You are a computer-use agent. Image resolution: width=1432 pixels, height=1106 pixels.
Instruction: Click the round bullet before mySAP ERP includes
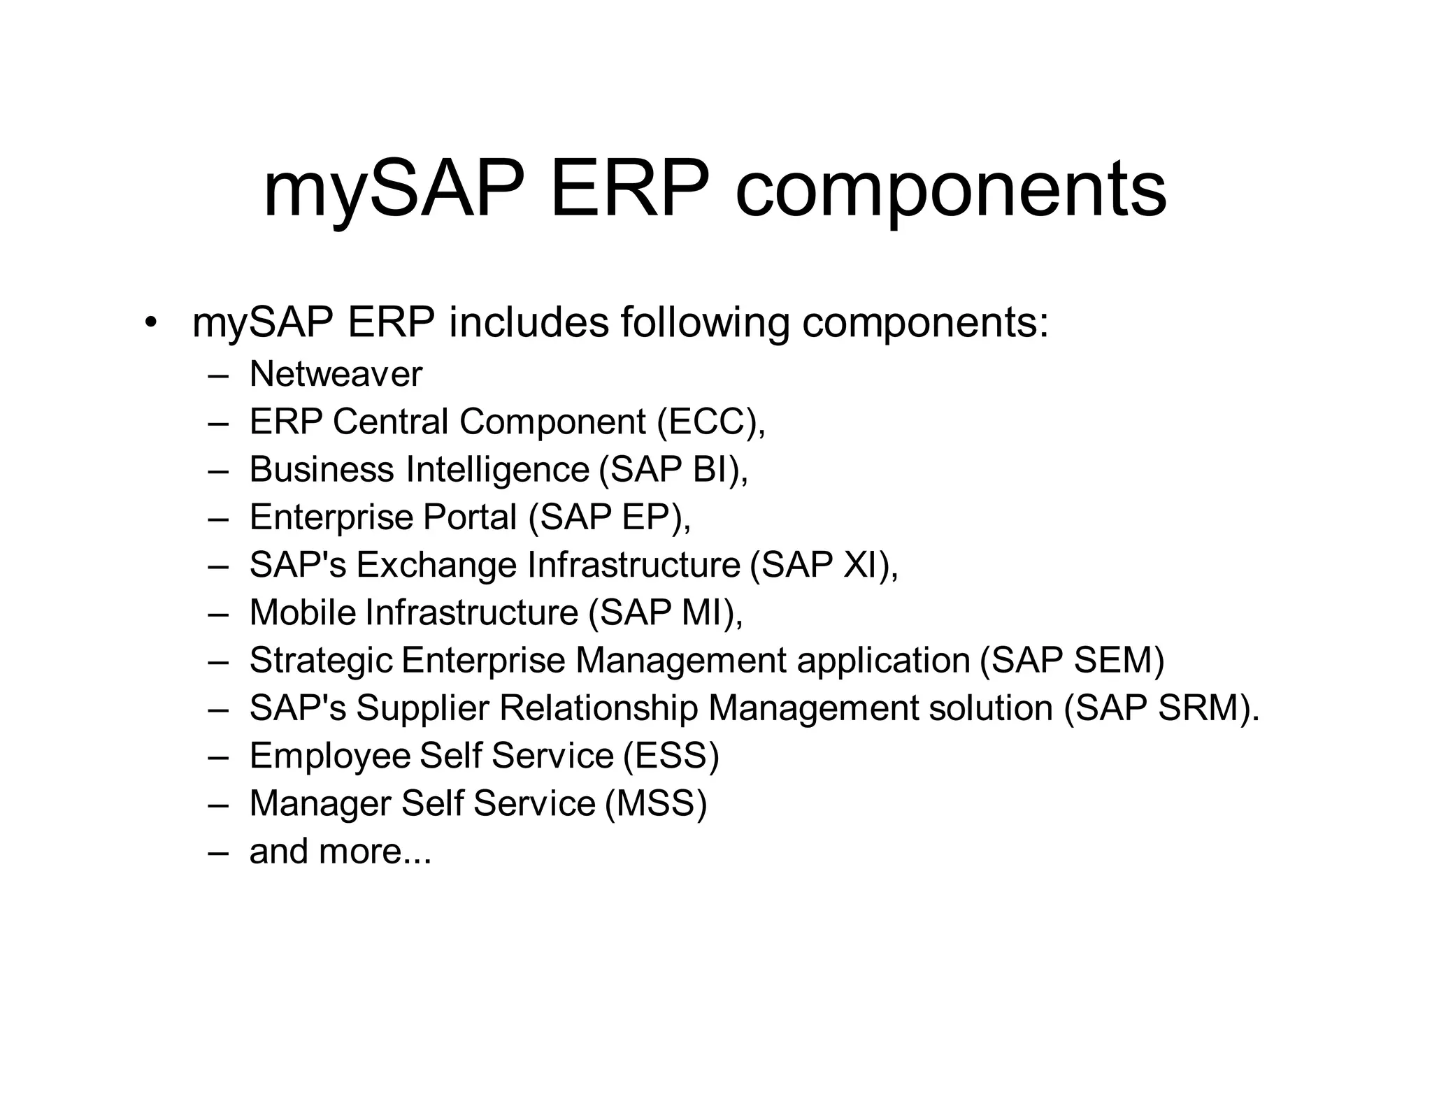point(149,323)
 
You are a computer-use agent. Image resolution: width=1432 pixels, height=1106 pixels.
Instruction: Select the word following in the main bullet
point(704,323)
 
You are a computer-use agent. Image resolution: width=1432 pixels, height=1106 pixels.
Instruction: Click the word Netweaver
point(336,374)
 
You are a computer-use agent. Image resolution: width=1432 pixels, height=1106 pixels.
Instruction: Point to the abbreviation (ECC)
point(710,422)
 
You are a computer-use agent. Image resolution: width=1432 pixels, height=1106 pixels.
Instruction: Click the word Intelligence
point(497,469)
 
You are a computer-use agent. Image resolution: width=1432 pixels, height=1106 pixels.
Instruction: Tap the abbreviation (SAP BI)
point(673,469)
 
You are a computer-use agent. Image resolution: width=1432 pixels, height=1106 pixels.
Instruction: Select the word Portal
point(471,517)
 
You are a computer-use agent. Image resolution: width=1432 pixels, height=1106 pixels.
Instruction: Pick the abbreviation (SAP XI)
point(823,565)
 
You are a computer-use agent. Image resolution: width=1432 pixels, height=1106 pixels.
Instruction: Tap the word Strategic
point(321,661)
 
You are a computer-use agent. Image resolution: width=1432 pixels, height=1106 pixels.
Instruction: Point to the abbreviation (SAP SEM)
point(1072,661)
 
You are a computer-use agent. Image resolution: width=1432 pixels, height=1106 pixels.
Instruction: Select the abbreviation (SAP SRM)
point(1160,708)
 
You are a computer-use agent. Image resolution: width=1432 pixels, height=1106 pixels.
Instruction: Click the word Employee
point(331,756)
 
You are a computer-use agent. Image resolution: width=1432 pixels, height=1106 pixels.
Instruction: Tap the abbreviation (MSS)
point(656,803)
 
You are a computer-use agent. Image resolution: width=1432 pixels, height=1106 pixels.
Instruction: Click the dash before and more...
point(218,852)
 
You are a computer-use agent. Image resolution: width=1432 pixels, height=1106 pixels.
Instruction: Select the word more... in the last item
point(375,852)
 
